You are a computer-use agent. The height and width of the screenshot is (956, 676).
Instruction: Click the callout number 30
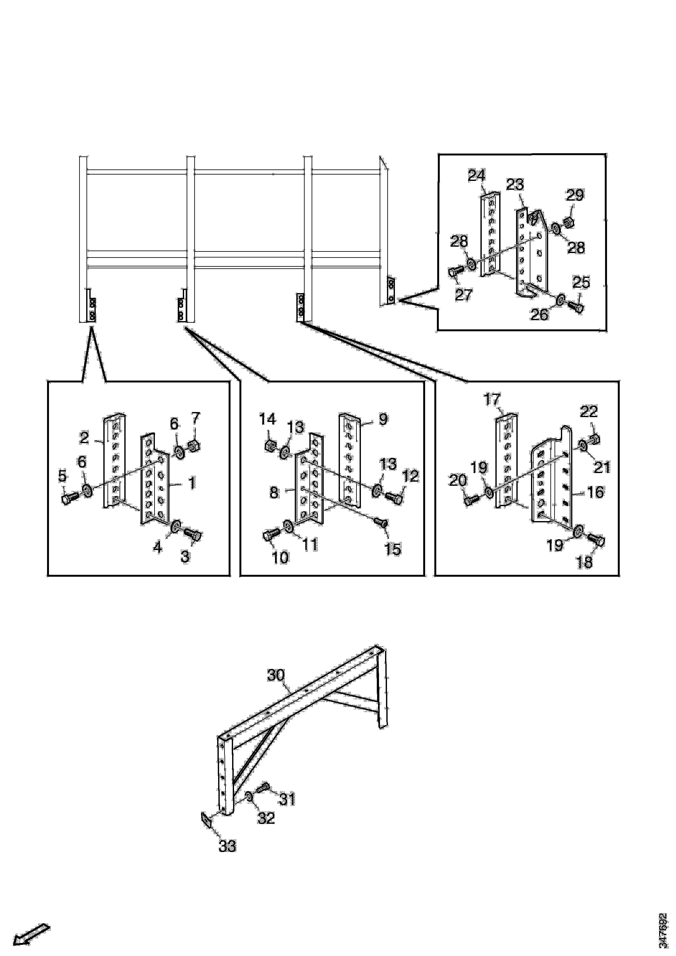276,675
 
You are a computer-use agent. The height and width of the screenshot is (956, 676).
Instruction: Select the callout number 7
195,418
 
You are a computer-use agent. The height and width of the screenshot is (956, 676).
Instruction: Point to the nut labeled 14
270,445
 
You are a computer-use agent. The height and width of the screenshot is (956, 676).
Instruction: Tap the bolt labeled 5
70,498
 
